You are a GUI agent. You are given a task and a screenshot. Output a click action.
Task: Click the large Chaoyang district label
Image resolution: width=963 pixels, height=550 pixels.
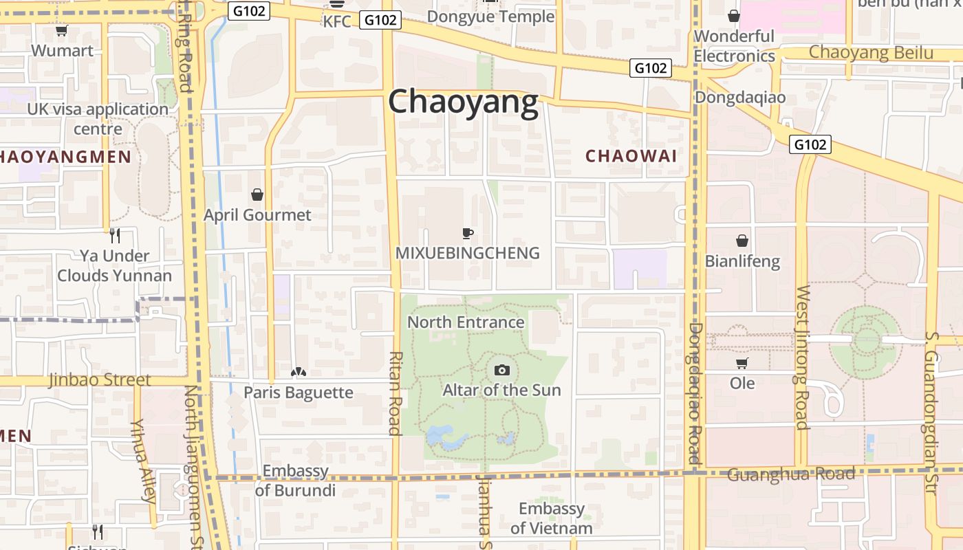463,102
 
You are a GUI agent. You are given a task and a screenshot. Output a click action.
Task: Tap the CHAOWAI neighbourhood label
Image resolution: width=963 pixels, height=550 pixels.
631,156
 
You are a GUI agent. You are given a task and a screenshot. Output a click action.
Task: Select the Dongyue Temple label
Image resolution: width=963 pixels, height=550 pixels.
490,16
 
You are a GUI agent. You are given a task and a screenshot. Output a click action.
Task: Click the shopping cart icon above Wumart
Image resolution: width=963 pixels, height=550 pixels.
61,30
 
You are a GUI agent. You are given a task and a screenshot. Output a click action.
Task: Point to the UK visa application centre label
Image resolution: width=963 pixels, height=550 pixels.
98,119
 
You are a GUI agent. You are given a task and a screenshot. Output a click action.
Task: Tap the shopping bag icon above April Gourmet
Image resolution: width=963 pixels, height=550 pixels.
257,195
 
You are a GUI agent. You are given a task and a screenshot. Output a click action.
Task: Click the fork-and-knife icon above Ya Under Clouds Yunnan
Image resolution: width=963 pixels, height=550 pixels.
114,236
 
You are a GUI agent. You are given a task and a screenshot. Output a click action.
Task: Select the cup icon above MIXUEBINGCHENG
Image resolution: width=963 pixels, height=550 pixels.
468,233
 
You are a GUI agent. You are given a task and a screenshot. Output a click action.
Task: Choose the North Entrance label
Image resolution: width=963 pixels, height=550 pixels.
466,322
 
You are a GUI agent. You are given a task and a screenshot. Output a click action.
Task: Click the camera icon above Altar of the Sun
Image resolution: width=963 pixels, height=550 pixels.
502,370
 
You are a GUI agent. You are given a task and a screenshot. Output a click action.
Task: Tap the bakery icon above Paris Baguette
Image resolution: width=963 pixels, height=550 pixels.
298,373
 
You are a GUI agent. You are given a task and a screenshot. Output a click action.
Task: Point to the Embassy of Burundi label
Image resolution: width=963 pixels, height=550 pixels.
295,481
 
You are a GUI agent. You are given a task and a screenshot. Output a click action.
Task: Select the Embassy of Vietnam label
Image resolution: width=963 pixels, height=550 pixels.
551,518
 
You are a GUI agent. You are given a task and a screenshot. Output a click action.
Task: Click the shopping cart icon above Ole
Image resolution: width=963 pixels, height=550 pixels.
742,363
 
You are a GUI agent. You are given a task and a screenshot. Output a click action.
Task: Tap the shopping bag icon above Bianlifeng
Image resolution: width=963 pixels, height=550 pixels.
742,241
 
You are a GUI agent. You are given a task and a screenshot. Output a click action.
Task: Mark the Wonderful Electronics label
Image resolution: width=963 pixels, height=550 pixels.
734,46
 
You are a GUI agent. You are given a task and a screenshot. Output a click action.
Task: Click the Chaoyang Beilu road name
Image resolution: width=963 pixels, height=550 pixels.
871,52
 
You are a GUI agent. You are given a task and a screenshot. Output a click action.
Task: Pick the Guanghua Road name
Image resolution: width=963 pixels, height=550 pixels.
790,474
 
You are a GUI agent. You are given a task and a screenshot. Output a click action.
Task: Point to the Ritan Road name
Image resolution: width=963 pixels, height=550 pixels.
395,393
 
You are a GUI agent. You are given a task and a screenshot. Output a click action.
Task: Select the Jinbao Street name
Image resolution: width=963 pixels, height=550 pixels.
99,379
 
